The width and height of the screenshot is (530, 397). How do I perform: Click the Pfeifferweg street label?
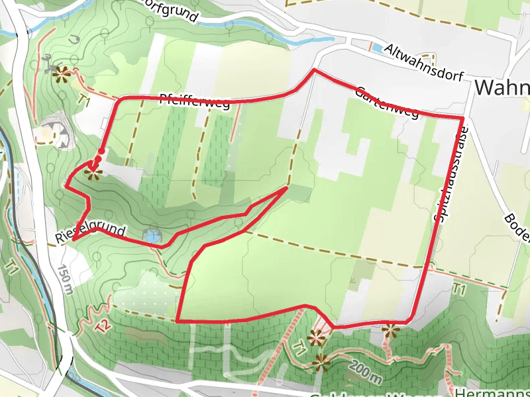point(195,102)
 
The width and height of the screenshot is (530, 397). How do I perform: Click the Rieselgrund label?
point(91,233)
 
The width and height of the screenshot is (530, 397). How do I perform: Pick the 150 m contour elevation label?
point(64,279)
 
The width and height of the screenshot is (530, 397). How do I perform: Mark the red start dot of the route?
point(101,152)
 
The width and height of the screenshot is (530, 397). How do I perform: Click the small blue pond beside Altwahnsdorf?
point(376,48)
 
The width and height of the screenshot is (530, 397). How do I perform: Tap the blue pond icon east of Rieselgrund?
point(152,235)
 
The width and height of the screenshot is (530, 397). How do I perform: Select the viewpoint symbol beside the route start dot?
point(93,173)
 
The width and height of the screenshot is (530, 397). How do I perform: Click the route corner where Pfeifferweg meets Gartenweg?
point(314,69)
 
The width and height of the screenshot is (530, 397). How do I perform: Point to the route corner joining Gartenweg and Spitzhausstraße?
point(462,118)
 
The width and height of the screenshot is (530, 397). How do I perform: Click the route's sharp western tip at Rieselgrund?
point(74,238)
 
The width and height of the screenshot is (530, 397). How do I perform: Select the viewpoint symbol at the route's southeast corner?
point(389,329)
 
